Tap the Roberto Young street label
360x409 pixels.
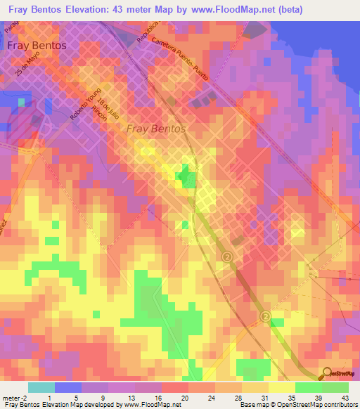[86, 105]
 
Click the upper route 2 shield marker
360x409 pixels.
[227, 258]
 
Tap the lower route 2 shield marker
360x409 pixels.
[265, 317]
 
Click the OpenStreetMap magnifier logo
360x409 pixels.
[328, 374]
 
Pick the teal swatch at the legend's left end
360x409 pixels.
[41, 387]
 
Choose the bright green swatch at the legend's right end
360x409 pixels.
[335, 387]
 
